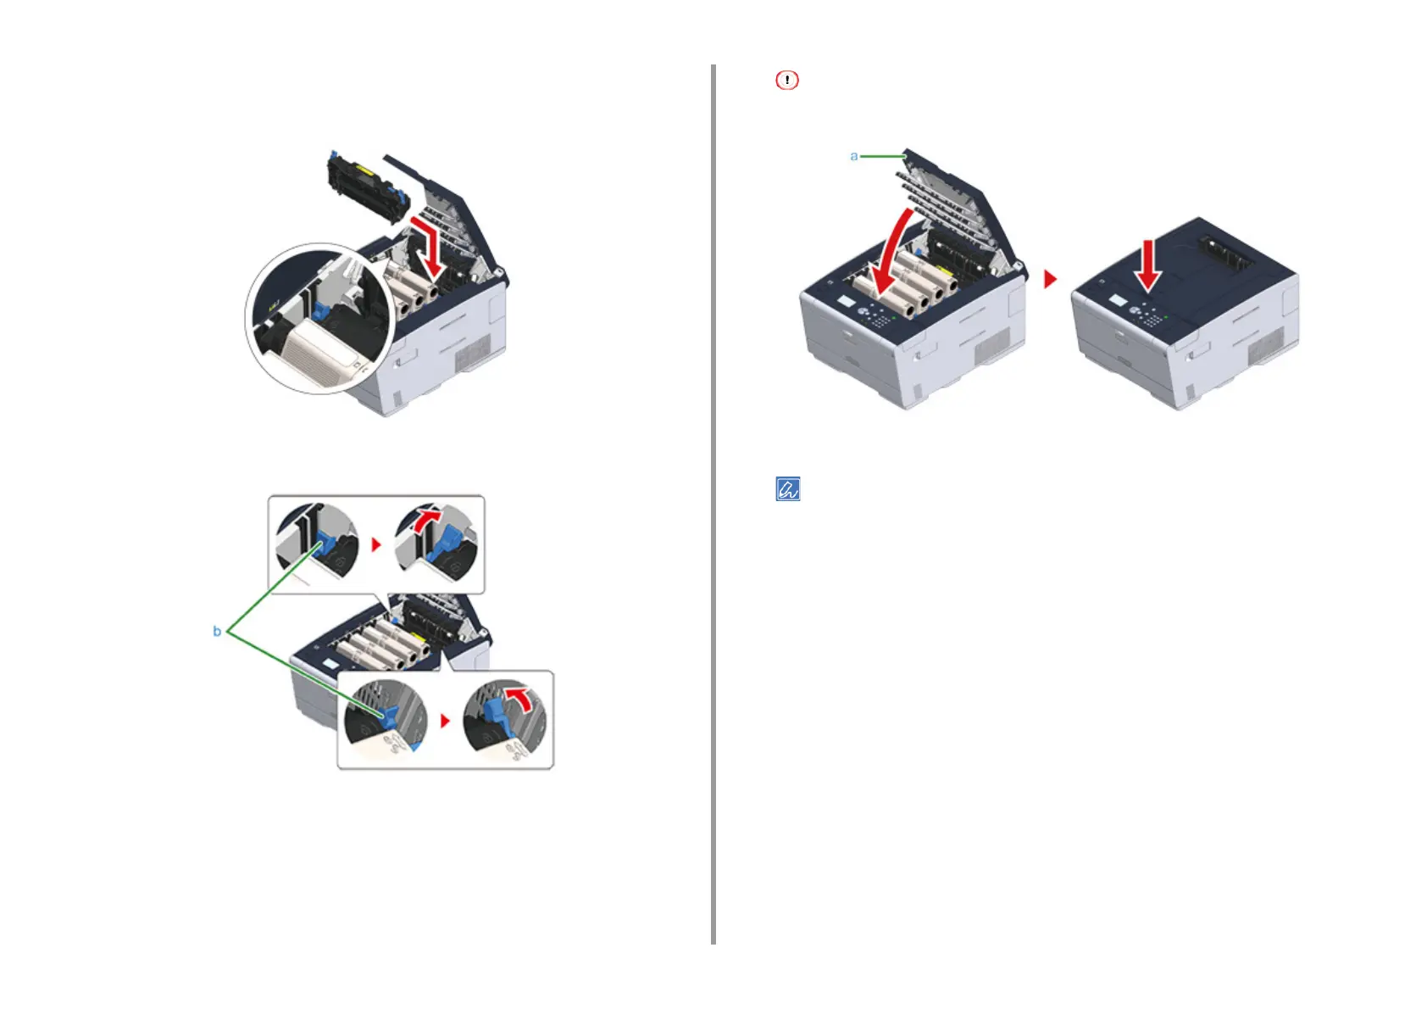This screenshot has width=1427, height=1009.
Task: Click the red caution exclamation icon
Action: pos(786,81)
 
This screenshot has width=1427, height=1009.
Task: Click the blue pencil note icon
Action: pos(788,489)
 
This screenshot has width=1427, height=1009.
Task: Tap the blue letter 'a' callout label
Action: pos(854,156)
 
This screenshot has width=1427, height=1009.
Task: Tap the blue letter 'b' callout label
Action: pos(217,632)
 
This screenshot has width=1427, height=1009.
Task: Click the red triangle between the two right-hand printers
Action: pos(1051,279)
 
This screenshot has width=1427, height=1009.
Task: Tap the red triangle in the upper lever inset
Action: pos(377,544)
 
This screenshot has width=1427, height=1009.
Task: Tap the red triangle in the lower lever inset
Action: pos(446,721)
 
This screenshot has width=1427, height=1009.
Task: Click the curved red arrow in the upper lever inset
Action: pos(428,519)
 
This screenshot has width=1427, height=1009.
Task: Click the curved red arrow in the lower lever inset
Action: pos(519,700)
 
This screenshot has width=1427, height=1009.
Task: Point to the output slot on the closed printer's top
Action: pos(1225,254)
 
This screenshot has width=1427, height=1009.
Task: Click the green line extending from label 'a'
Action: pos(882,156)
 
